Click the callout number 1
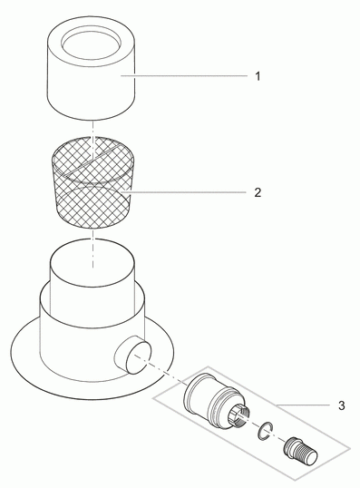tap(258, 76)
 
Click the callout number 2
tap(258, 192)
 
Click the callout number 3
tap(341, 405)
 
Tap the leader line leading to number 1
tap(184, 75)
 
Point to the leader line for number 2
tap(184, 192)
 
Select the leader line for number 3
tap(303, 405)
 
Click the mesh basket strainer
tap(93, 182)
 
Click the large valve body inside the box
tap(216, 397)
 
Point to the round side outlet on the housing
tap(133, 355)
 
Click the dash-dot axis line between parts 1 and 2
tap(92, 136)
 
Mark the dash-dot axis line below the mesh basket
tap(92, 248)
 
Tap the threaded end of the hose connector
tap(307, 455)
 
